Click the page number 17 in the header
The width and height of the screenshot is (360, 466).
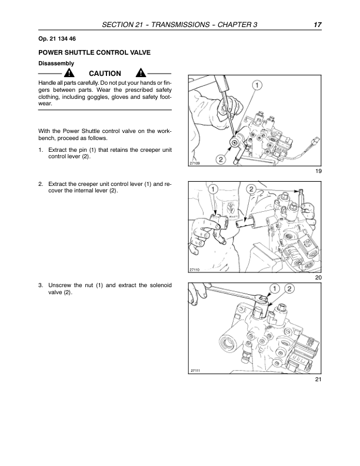pos(317,25)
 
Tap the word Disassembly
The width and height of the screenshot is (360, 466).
pos(56,63)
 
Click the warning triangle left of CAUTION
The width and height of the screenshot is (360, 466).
pos(69,74)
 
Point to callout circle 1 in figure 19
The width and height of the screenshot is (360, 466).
pos(257,86)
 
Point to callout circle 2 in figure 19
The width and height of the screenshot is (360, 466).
pos(221,159)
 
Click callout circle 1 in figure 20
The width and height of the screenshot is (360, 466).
pos(214,189)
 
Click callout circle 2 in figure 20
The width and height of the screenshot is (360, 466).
pos(251,189)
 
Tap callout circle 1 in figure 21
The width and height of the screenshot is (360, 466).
pos(274,288)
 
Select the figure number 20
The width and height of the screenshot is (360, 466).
pos(318,277)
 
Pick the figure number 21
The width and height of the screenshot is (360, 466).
pos(318,380)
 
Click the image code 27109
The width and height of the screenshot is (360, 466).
pos(196,164)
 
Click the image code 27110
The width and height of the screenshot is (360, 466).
pos(196,269)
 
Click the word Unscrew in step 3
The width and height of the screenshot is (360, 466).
pos(60,285)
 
